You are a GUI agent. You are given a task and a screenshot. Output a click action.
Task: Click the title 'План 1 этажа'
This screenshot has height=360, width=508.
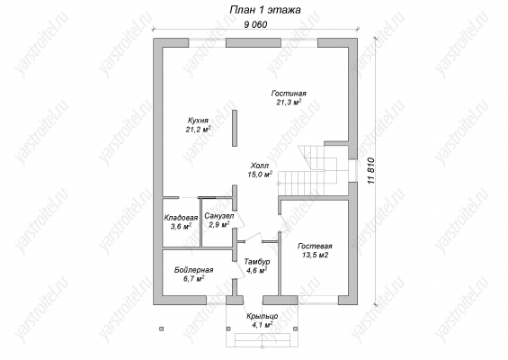(x=265, y=10)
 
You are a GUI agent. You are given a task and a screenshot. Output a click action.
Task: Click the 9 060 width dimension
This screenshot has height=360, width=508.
(x=255, y=24)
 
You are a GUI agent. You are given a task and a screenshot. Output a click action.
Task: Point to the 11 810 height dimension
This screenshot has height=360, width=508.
(x=371, y=171)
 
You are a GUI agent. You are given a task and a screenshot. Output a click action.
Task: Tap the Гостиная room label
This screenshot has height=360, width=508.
(x=289, y=94)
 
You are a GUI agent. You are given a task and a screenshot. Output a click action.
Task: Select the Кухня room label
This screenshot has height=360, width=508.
(x=198, y=121)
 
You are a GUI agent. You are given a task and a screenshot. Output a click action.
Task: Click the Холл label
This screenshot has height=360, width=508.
(x=260, y=166)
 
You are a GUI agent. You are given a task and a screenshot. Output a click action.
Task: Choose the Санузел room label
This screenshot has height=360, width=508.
(x=219, y=216)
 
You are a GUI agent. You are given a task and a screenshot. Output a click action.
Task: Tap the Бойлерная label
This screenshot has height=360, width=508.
(x=193, y=270)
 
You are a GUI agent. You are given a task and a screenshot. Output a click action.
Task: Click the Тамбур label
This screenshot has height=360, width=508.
(x=257, y=261)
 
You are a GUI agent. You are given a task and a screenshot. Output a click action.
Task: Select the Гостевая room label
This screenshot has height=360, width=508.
(x=316, y=247)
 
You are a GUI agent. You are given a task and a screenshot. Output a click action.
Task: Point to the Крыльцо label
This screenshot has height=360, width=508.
(x=262, y=316)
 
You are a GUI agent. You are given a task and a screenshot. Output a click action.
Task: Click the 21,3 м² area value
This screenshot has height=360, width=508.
(x=289, y=103)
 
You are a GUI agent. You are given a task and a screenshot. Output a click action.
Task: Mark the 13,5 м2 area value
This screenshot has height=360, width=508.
(x=316, y=256)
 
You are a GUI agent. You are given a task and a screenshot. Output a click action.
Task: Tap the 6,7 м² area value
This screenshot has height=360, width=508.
(x=193, y=279)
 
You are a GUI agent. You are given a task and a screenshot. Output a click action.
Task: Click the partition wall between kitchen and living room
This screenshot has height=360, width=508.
(x=235, y=128)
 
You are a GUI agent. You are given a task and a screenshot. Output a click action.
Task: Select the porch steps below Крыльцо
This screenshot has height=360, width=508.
(x=262, y=339)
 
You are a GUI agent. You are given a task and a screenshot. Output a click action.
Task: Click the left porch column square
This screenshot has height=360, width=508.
(x=161, y=328)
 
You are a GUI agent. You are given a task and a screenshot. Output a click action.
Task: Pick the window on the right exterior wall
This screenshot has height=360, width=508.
(x=353, y=171)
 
